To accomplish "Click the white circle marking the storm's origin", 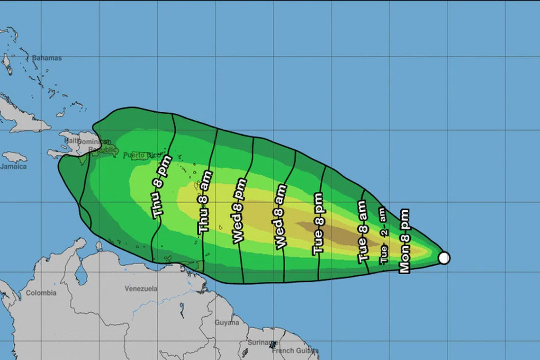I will pos(444,258).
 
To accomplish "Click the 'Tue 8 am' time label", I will pos(362,232).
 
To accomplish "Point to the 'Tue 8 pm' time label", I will pos(318,224).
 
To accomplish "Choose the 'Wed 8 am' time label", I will pos(281,216).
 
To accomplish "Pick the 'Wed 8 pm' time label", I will pos(240,211).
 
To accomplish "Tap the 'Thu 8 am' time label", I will pos(205,201).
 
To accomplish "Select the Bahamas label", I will pos(46,58).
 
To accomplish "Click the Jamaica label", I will pos(13,166).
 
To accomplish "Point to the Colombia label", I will pos(41,293).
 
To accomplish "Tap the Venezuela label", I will pos(141,288).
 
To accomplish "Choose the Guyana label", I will pos(227,323).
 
